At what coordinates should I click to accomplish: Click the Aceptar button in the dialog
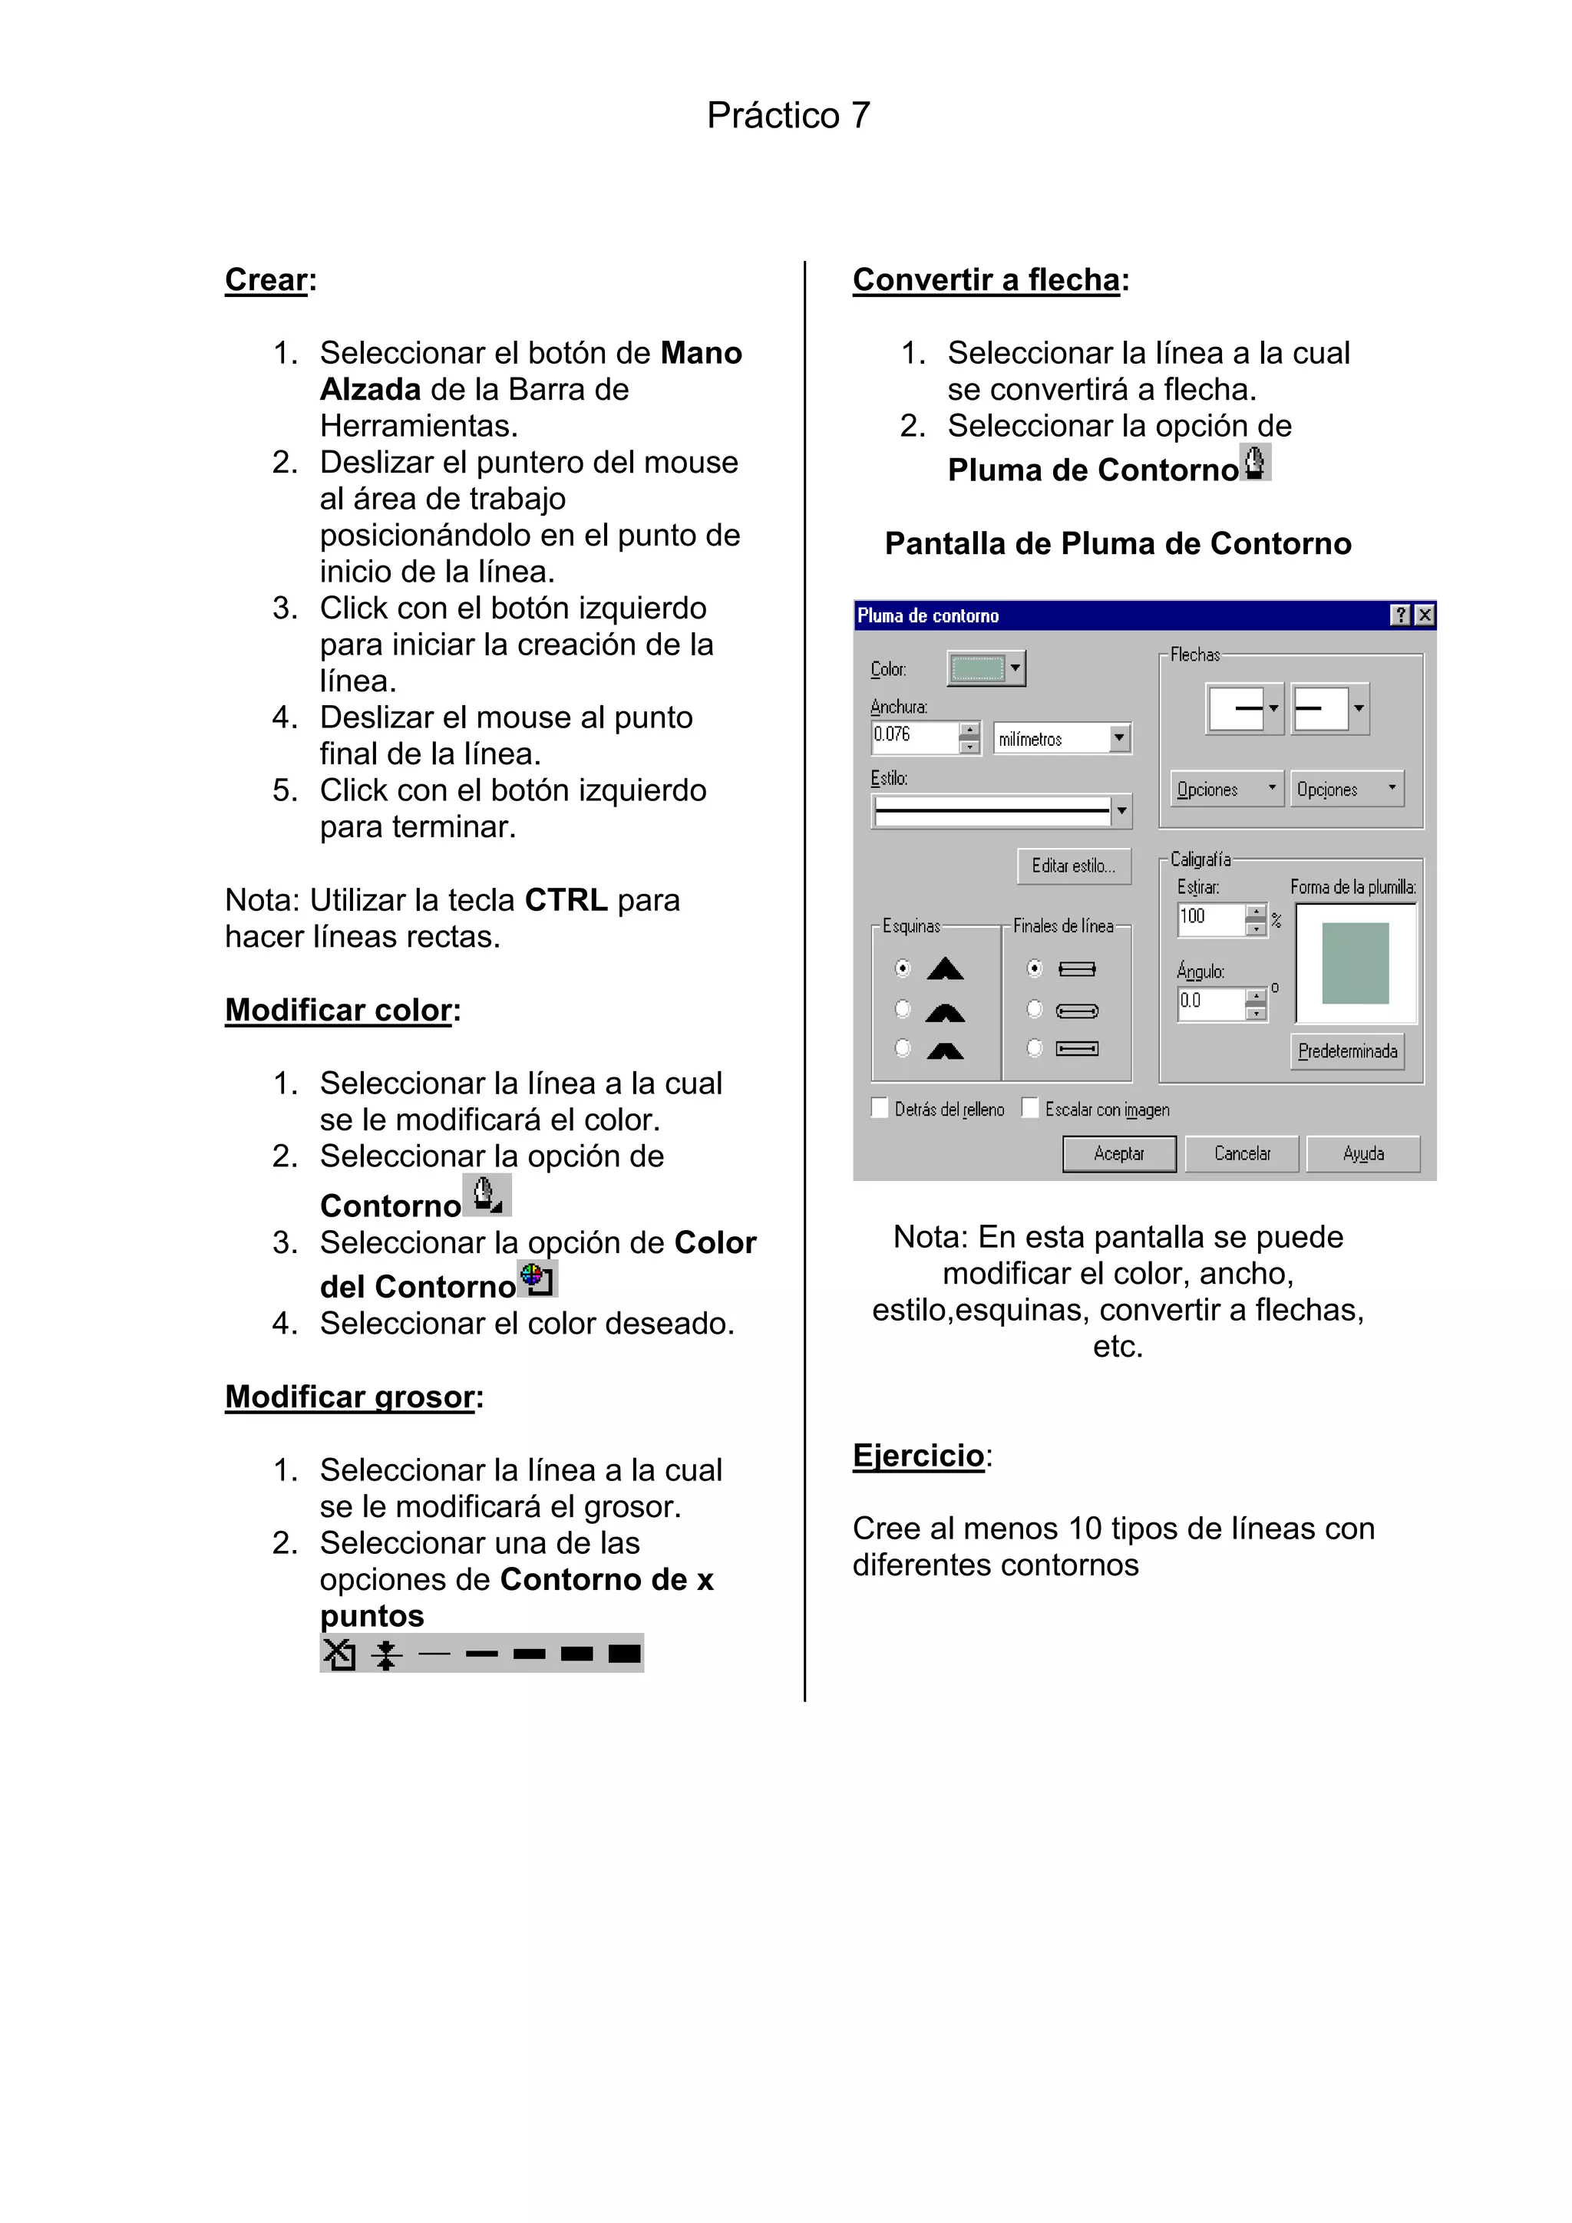tap(1118, 1153)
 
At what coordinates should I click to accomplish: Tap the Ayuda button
tap(1362, 1153)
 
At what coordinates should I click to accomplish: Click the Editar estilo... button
tap(1073, 866)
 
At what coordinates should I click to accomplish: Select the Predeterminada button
tap(1347, 1050)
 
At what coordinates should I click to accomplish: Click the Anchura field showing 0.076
tap(914, 736)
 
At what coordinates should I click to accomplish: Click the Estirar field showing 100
tap(1210, 917)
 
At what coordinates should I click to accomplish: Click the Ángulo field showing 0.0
tap(1210, 1002)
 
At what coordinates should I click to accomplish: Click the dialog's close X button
tap(1424, 615)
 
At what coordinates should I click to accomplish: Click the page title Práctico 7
tap(788, 115)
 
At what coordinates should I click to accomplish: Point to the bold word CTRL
tap(566, 899)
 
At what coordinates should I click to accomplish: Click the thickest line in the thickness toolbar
tap(625, 1653)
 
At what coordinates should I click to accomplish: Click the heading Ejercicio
tap(918, 1455)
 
